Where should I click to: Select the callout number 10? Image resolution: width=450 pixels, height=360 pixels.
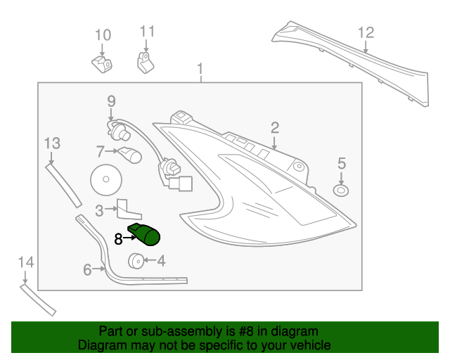pos(103,34)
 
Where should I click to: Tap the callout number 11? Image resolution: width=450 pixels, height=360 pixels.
pos(146,32)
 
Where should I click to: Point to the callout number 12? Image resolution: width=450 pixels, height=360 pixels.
pos(366,32)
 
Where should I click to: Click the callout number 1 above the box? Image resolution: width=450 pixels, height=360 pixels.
pos(200,69)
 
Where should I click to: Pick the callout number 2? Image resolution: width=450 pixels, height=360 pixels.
pos(275,127)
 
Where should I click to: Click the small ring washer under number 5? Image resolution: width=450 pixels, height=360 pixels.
pos(342,191)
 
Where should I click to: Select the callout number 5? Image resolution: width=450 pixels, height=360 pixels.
pos(342,163)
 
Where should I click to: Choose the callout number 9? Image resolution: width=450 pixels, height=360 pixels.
pos(111,102)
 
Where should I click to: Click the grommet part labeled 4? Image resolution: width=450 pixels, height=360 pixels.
pos(134,262)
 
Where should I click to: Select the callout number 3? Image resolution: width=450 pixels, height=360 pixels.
pos(100,210)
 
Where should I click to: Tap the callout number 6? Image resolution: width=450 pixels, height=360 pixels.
pos(88,269)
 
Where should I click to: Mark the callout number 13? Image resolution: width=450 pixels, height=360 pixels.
pos(52,143)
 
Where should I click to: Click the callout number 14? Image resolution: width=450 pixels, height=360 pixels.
pos(25,262)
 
